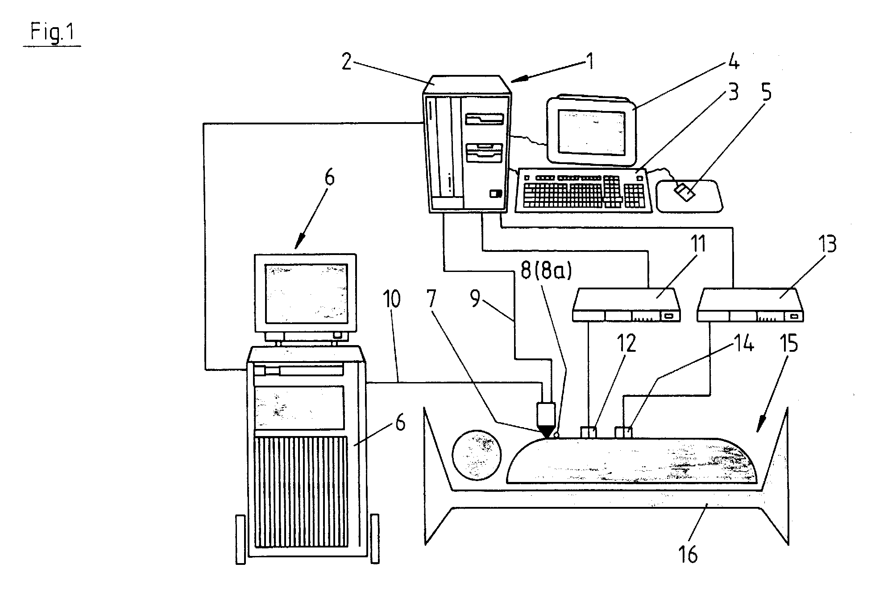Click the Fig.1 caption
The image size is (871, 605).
point(52,33)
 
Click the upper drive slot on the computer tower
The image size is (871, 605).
point(484,119)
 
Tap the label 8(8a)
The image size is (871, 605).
point(546,271)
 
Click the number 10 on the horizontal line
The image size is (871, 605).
point(392,300)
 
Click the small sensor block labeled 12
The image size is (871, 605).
point(589,432)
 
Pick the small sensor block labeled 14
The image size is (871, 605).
point(623,432)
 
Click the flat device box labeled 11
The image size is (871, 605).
point(626,305)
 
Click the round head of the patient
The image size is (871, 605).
point(477,455)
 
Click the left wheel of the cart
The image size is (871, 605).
point(241,539)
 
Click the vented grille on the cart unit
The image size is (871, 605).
point(301,492)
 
